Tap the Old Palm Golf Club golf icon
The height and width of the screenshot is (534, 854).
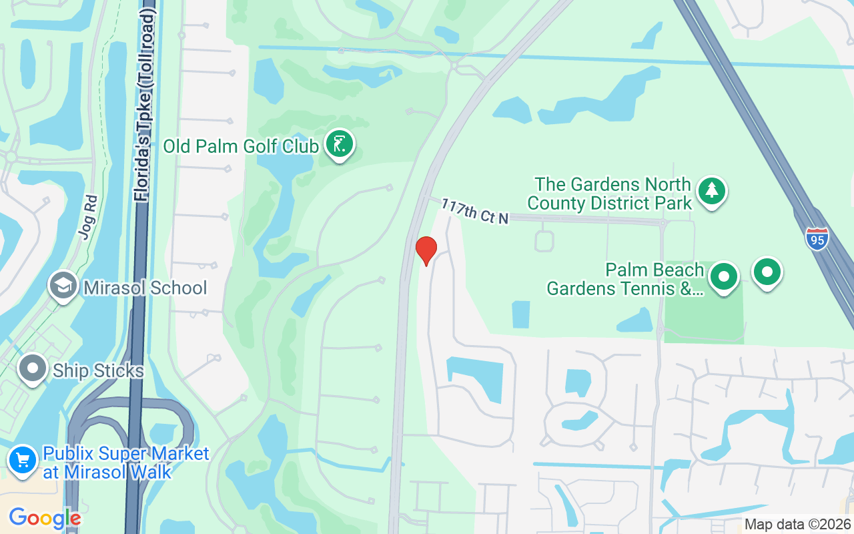click(x=340, y=144)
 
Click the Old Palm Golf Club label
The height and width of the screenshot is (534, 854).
click(x=241, y=146)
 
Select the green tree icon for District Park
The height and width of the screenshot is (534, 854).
click(x=712, y=192)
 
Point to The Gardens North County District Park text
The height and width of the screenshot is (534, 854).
click(x=613, y=194)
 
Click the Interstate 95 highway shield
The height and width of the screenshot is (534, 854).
click(x=817, y=239)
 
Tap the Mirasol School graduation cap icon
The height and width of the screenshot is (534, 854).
click(x=63, y=286)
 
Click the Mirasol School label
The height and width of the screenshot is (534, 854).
click(x=145, y=288)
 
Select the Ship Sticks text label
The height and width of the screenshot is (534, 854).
click(x=98, y=371)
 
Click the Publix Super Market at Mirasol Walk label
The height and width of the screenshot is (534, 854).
click(x=125, y=463)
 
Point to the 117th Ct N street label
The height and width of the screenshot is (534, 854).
click(x=475, y=212)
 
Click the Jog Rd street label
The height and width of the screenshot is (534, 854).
click(x=87, y=217)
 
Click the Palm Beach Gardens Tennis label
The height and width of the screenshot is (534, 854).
click(x=625, y=279)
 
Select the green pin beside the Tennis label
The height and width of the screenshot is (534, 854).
click(x=723, y=276)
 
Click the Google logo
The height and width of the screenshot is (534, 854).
click(x=45, y=518)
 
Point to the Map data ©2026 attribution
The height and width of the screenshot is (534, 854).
click(x=797, y=525)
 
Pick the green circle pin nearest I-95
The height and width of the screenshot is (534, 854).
click(x=767, y=272)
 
